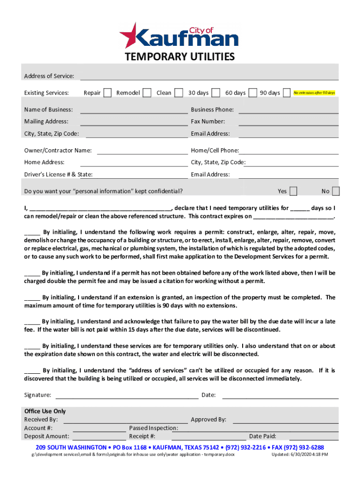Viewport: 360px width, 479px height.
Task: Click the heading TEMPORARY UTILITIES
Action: tap(180, 58)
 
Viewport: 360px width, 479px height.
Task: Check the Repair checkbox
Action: tap(107, 93)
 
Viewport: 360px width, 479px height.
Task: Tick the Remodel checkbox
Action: tap(147, 93)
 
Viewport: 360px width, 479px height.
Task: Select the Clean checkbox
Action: tap(178, 93)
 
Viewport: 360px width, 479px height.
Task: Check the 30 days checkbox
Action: tap(216, 93)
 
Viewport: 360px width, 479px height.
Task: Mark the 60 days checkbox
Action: tap(253, 93)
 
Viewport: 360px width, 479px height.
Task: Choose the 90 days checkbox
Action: tap(287, 93)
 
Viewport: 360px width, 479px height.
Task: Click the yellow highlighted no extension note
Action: tap(314, 93)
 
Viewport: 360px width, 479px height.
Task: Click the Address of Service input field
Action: tap(209, 75)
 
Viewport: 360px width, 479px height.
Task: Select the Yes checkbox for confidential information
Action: tap(293, 191)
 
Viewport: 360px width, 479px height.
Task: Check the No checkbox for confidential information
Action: tap(335, 191)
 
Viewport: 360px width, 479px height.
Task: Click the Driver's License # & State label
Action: tap(58, 174)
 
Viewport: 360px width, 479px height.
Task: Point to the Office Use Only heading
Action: tap(45, 411)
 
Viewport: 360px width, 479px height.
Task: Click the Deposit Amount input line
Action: tap(99, 436)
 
